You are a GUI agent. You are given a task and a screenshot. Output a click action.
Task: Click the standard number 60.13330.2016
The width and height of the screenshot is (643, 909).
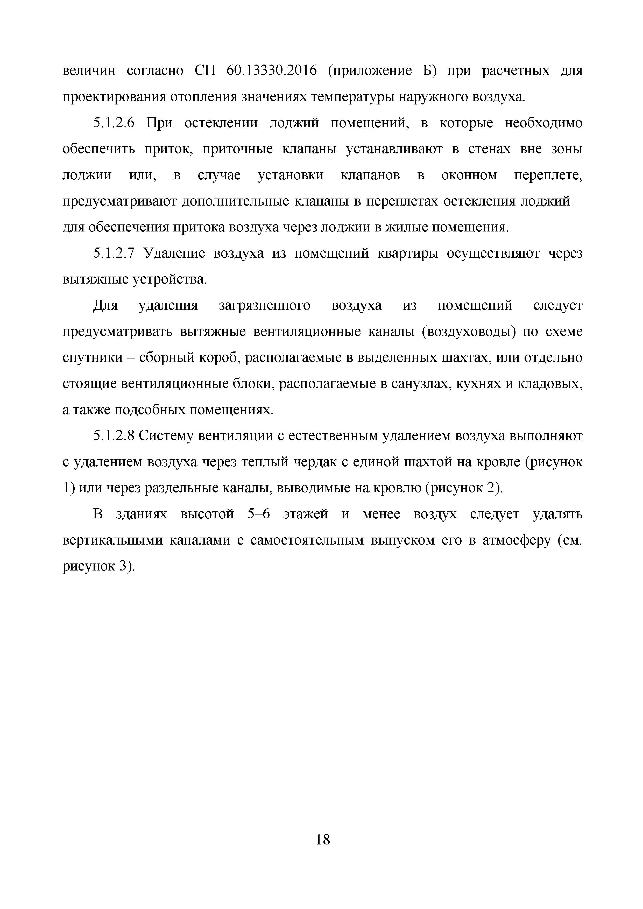pos(272,71)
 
